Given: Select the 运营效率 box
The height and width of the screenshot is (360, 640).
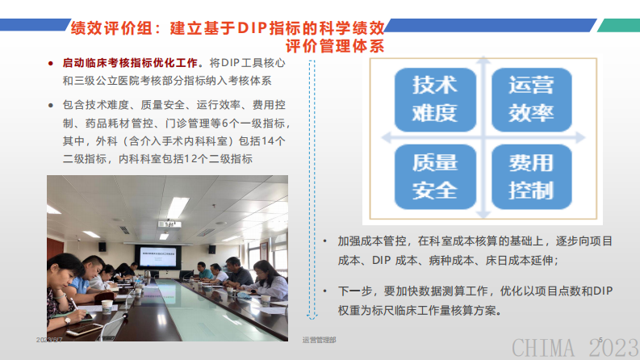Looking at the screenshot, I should [x=530, y=97].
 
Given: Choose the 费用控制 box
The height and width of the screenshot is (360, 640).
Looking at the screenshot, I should [x=530, y=176].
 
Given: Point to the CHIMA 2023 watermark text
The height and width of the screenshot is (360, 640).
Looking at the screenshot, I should [x=574, y=347].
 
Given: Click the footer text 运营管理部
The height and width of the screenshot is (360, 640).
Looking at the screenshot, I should [x=320, y=341].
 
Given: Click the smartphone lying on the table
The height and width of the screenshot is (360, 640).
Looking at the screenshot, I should [x=81, y=330].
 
